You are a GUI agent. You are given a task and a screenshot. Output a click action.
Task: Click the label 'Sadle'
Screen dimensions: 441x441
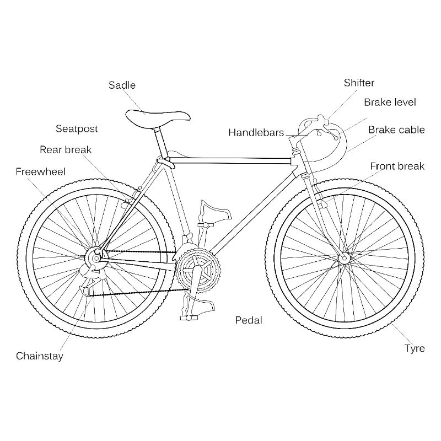point(122,85)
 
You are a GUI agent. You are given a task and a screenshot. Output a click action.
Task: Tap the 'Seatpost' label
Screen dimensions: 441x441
point(77,129)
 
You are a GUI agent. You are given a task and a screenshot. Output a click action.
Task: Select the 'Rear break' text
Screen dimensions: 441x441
point(66,149)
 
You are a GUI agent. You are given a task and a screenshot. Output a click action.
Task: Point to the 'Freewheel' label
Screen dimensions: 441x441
point(40,171)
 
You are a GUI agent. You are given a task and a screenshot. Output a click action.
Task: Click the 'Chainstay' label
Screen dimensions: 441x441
point(39,356)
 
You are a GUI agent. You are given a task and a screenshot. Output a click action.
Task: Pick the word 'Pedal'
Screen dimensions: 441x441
point(249,320)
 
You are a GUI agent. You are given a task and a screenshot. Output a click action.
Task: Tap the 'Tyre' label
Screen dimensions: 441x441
point(415,348)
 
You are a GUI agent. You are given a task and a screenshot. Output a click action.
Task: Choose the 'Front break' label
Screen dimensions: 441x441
point(397,166)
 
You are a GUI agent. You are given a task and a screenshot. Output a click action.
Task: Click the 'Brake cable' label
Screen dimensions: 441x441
point(396,130)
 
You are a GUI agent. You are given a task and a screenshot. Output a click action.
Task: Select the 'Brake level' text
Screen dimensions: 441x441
point(390,102)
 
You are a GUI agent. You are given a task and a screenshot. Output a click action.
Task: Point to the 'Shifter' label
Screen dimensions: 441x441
point(359,83)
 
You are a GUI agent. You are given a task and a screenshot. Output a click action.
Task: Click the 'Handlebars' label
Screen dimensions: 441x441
point(256,132)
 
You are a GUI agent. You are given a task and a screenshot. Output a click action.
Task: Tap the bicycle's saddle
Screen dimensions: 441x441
point(158,117)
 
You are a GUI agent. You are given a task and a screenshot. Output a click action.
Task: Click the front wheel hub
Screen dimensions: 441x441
point(344,258)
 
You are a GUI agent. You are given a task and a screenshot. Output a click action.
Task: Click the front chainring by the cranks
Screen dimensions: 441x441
point(198,270)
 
